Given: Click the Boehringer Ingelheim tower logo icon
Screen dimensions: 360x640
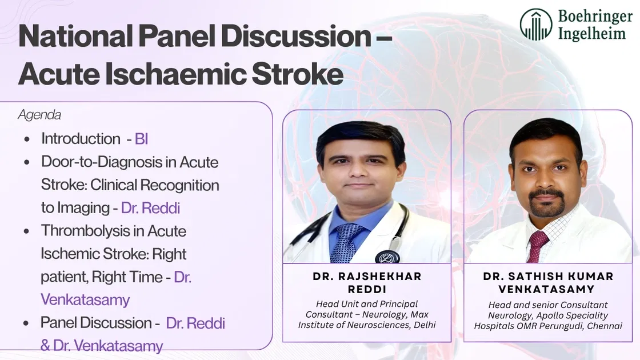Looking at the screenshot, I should coord(535,25).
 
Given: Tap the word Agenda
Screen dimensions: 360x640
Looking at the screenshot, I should coord(39,115).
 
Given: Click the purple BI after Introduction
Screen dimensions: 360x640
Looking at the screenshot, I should coord(141,139).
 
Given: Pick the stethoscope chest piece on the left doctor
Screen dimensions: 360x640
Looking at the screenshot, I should coord(387,257).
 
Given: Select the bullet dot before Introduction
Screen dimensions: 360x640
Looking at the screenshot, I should coord(28,139).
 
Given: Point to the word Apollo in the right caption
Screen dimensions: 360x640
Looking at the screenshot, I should coord(533,315).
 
